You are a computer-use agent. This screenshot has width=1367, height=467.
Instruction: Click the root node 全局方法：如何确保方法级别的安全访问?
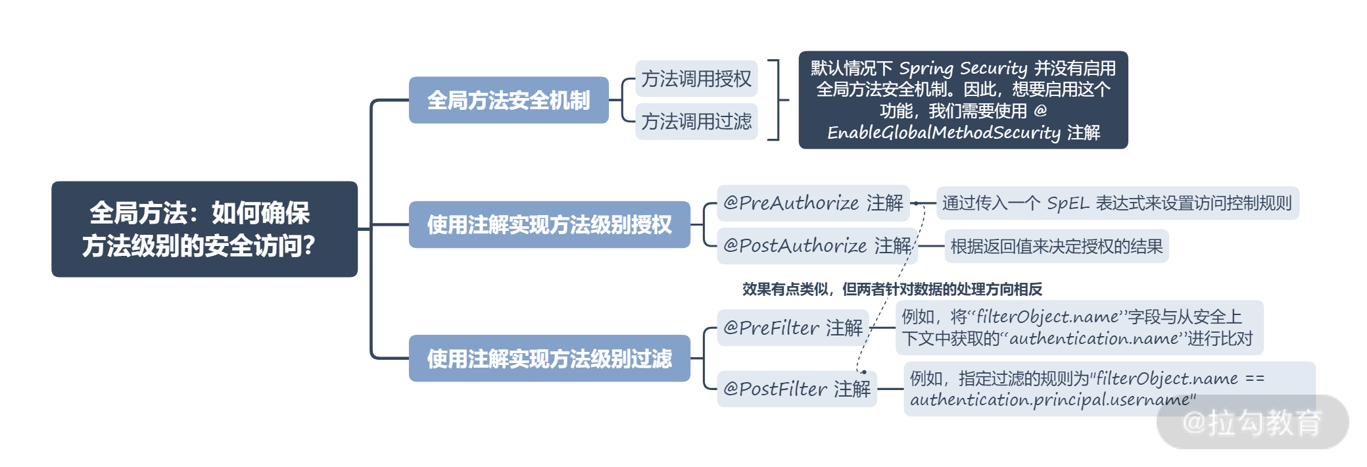click(x=204, y=229)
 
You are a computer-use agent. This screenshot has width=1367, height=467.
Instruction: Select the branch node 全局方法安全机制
click(x=508, y=100)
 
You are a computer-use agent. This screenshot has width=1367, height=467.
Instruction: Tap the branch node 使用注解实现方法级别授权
click(x=549, y=224)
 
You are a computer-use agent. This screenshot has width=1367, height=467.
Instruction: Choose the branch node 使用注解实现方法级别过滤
click(x=549, y=358)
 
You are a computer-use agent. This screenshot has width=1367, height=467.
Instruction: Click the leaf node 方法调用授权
click(x=696, y=79)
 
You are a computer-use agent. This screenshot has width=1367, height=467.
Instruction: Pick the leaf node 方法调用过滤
click(x=696, y=122)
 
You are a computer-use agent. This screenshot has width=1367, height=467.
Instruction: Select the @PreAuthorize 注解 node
click(x=813, y=203)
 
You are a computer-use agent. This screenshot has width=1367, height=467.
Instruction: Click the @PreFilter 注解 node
click(x=792, y=328)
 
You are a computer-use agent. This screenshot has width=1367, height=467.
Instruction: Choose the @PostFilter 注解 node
click(x=796, y=389)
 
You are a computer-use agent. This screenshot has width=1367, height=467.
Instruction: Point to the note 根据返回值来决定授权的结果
click(x=1056, y=247)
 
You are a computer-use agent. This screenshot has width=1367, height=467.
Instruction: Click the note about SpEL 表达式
click(x=1116, y=203)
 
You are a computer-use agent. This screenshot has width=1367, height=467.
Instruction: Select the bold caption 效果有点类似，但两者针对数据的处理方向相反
click(x=892, y=289)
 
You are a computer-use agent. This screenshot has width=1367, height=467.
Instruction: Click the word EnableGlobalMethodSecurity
click(x=944, y=133)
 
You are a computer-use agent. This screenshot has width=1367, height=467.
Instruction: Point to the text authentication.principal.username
click(x=1050, y=400)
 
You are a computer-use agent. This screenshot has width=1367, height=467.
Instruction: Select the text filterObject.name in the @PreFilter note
click(x=1047, y=317)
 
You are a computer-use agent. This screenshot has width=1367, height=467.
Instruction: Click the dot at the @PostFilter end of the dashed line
click(x=863, y=372)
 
